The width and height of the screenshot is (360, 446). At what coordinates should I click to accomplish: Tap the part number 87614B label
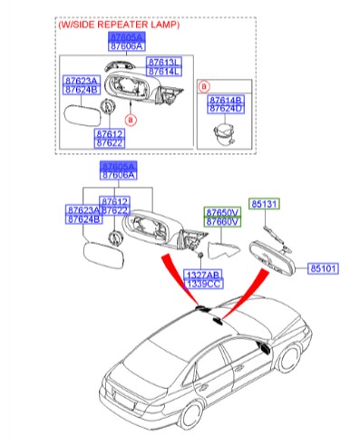coord(225,100)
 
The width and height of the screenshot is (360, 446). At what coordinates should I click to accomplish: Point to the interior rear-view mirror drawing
coord(273,259)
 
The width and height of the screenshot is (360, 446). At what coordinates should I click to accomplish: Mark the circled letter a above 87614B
coord(206,87)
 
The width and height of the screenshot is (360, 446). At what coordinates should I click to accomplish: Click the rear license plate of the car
coord(123,396)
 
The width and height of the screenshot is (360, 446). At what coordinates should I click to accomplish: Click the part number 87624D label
coord(225,109)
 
